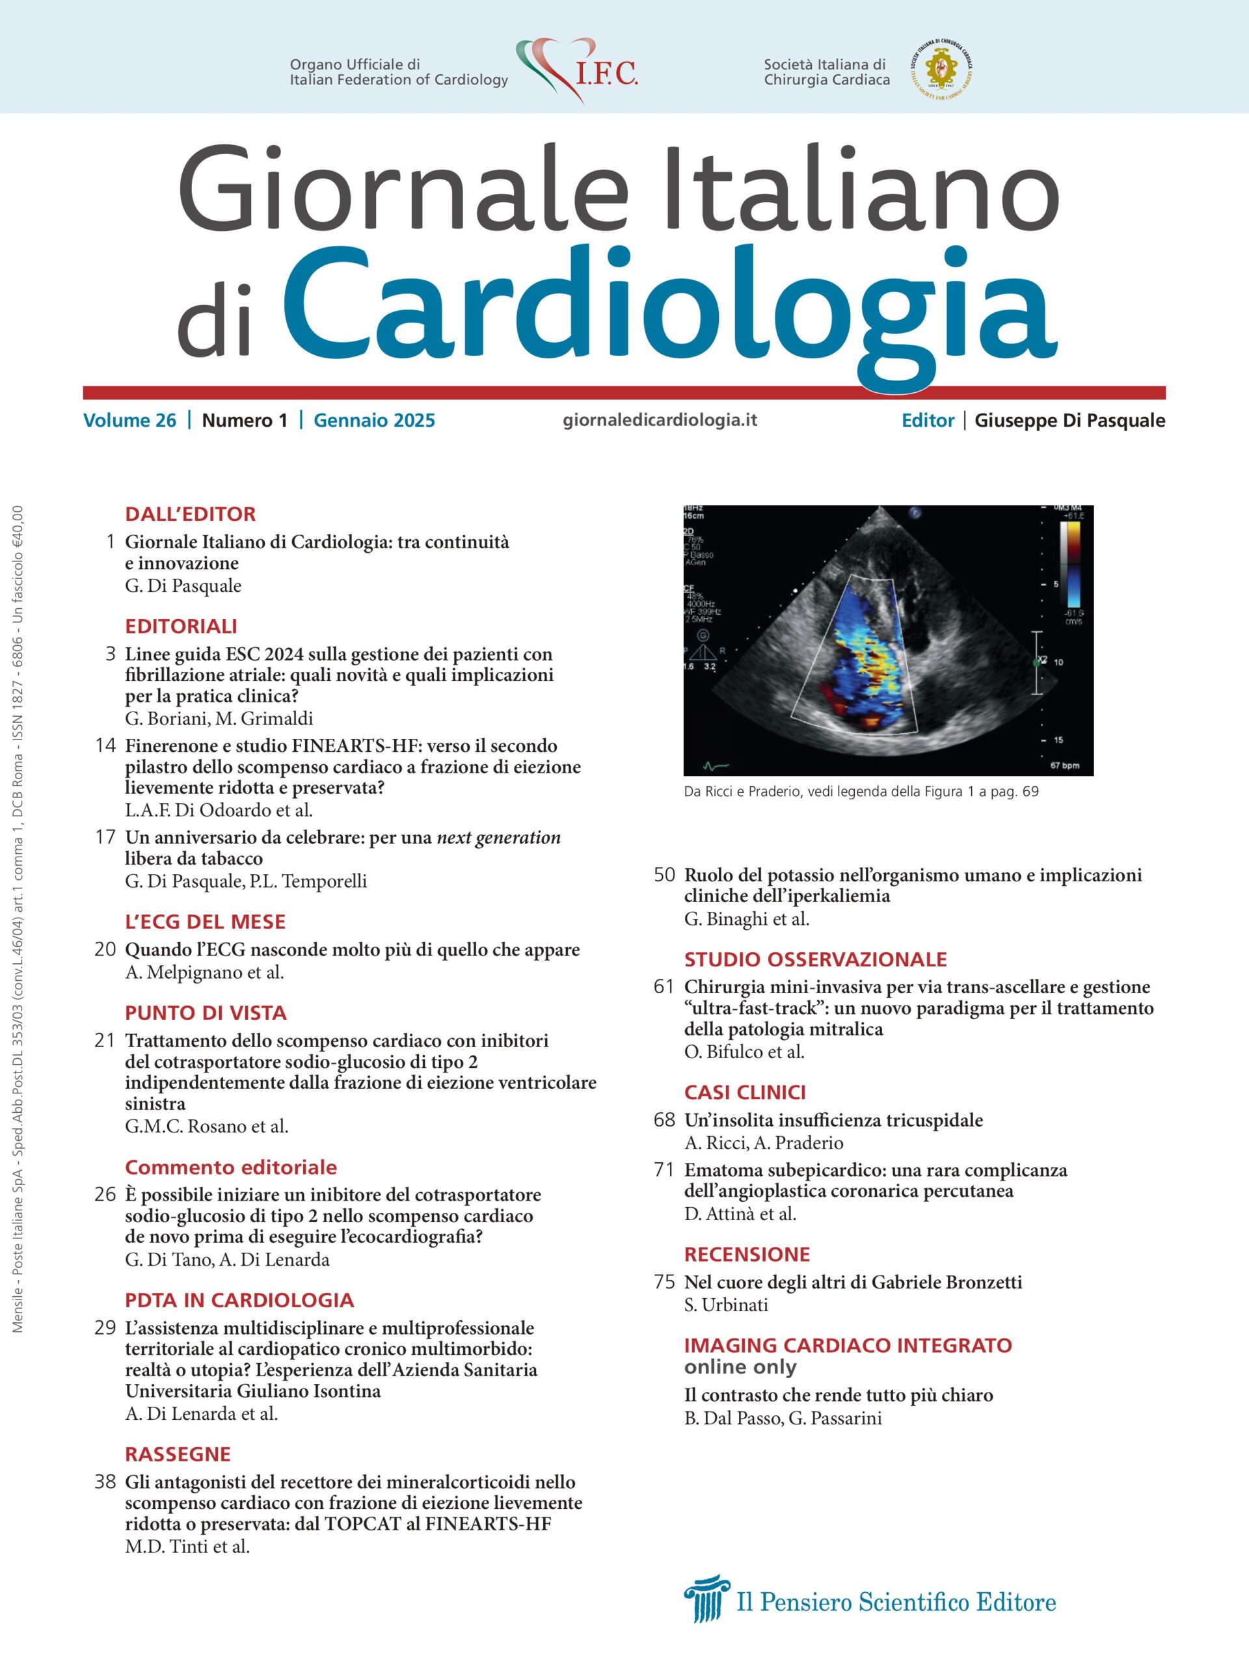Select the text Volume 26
pyautogui.click(x=129, y=420)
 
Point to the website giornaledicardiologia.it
pyautogui.click(x=660, y=420)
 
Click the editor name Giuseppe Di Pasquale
pyautogui.click(x=1069, y=420)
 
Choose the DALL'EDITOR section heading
pyautogui.click(x=191, y=514)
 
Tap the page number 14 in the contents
pyautogui.click(x=105, y=746)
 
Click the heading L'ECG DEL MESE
pyautogui.click(x=205, y=922)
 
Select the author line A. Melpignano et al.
pyautogui.click(x=204, y=972)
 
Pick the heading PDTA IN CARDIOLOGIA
pyautogui.click(x=239, y=1300)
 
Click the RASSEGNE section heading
pyautogui.click(x=178, y=1454)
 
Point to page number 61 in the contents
pyautogui.click(x=664, y=986)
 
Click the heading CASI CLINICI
pyautogui.click(x=745, y=1092)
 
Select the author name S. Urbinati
pyautogui.click(x=726, y=1305)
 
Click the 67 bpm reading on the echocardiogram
pyautogui.click(x=1064, y=766)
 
